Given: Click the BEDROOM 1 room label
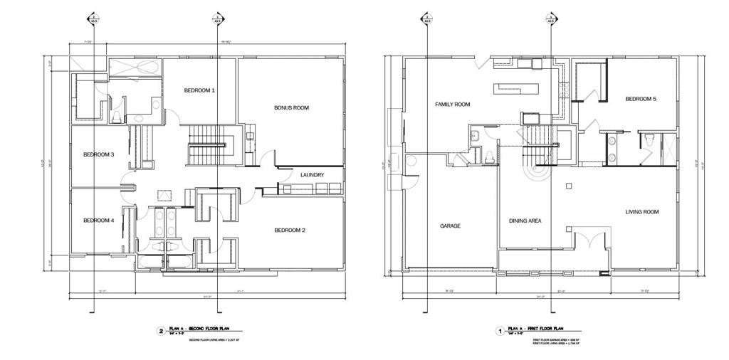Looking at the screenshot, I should [x=199, y=90].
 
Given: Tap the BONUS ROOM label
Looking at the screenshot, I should [x=291, y=108].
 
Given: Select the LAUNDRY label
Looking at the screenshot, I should [x=313, y=175].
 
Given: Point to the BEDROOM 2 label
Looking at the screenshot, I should [x=290, y=230].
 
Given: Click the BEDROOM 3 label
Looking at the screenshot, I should [x=99, y=154].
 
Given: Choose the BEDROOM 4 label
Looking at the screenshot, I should [x=99, y=221].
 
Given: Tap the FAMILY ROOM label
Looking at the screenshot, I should [x=453, y=105].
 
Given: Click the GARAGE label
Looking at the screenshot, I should [x=450, y=226].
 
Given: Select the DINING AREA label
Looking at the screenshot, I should [x=525, y=221].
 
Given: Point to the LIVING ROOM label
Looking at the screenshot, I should [x=642, y=212].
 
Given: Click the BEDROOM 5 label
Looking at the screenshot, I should [x=641, y=99].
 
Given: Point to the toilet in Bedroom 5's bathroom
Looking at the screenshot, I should [x=650, y=140].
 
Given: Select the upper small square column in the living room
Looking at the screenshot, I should [x=568, y=186].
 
